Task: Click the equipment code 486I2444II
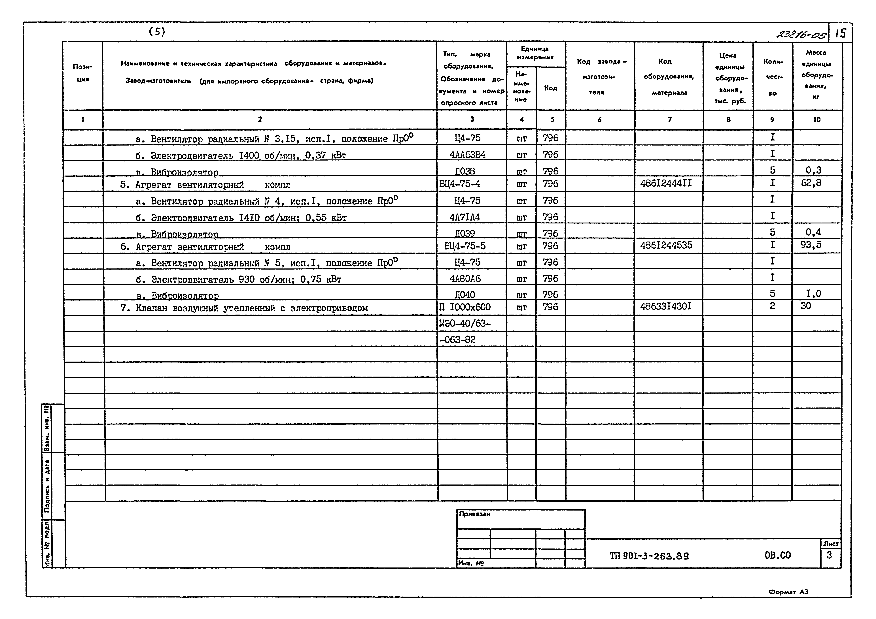pos(666,183)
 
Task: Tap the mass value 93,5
pos(811,245)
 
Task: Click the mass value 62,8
pos(811,183)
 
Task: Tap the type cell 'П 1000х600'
pos(465,307)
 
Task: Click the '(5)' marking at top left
pos(157,32)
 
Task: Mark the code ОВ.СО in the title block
pos(778,555)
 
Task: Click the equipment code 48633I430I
pos(666,306)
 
